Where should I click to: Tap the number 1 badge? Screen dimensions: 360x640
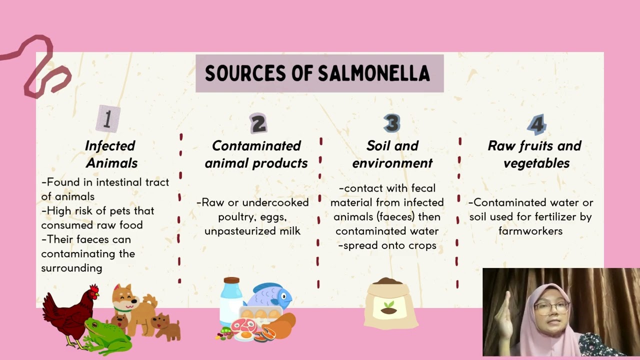point(107,119)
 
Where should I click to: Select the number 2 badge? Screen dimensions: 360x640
point(258,123)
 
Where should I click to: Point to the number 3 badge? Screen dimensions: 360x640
point(392,123)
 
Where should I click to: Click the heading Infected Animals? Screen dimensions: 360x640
point(110,154)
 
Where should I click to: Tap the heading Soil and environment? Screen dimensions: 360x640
point(392,154)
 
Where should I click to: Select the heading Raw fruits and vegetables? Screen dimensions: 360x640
point(534,154)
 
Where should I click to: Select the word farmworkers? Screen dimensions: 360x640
point(530,231)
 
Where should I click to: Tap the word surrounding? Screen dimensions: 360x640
point(71,268)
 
